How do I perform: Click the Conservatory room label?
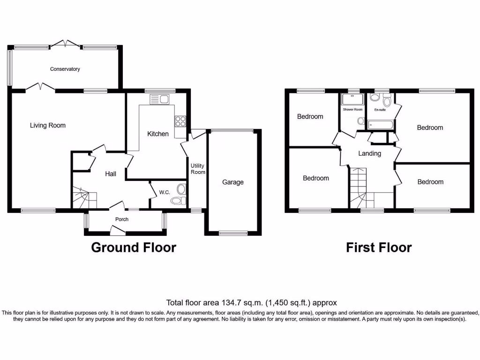[x=65, y=69]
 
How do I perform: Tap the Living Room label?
[x=47, y=125]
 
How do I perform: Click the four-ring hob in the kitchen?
[x=180, y=121]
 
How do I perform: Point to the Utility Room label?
[x=198, y=169]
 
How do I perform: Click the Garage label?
[x=232, y=182]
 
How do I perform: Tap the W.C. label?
[x=164, y=192]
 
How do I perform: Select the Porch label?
[x=121, y=219]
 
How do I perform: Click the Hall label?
[x=111, y=174]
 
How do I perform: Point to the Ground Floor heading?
[x=133, y=247]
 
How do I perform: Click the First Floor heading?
[x=379, y=247]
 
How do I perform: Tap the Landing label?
[x=369, y=153]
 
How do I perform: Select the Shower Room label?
[x=352, y=109]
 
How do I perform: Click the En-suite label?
[x=380, y=110]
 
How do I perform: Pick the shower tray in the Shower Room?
[x=352, y=99]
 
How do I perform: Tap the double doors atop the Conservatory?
[x=65, y=44]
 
